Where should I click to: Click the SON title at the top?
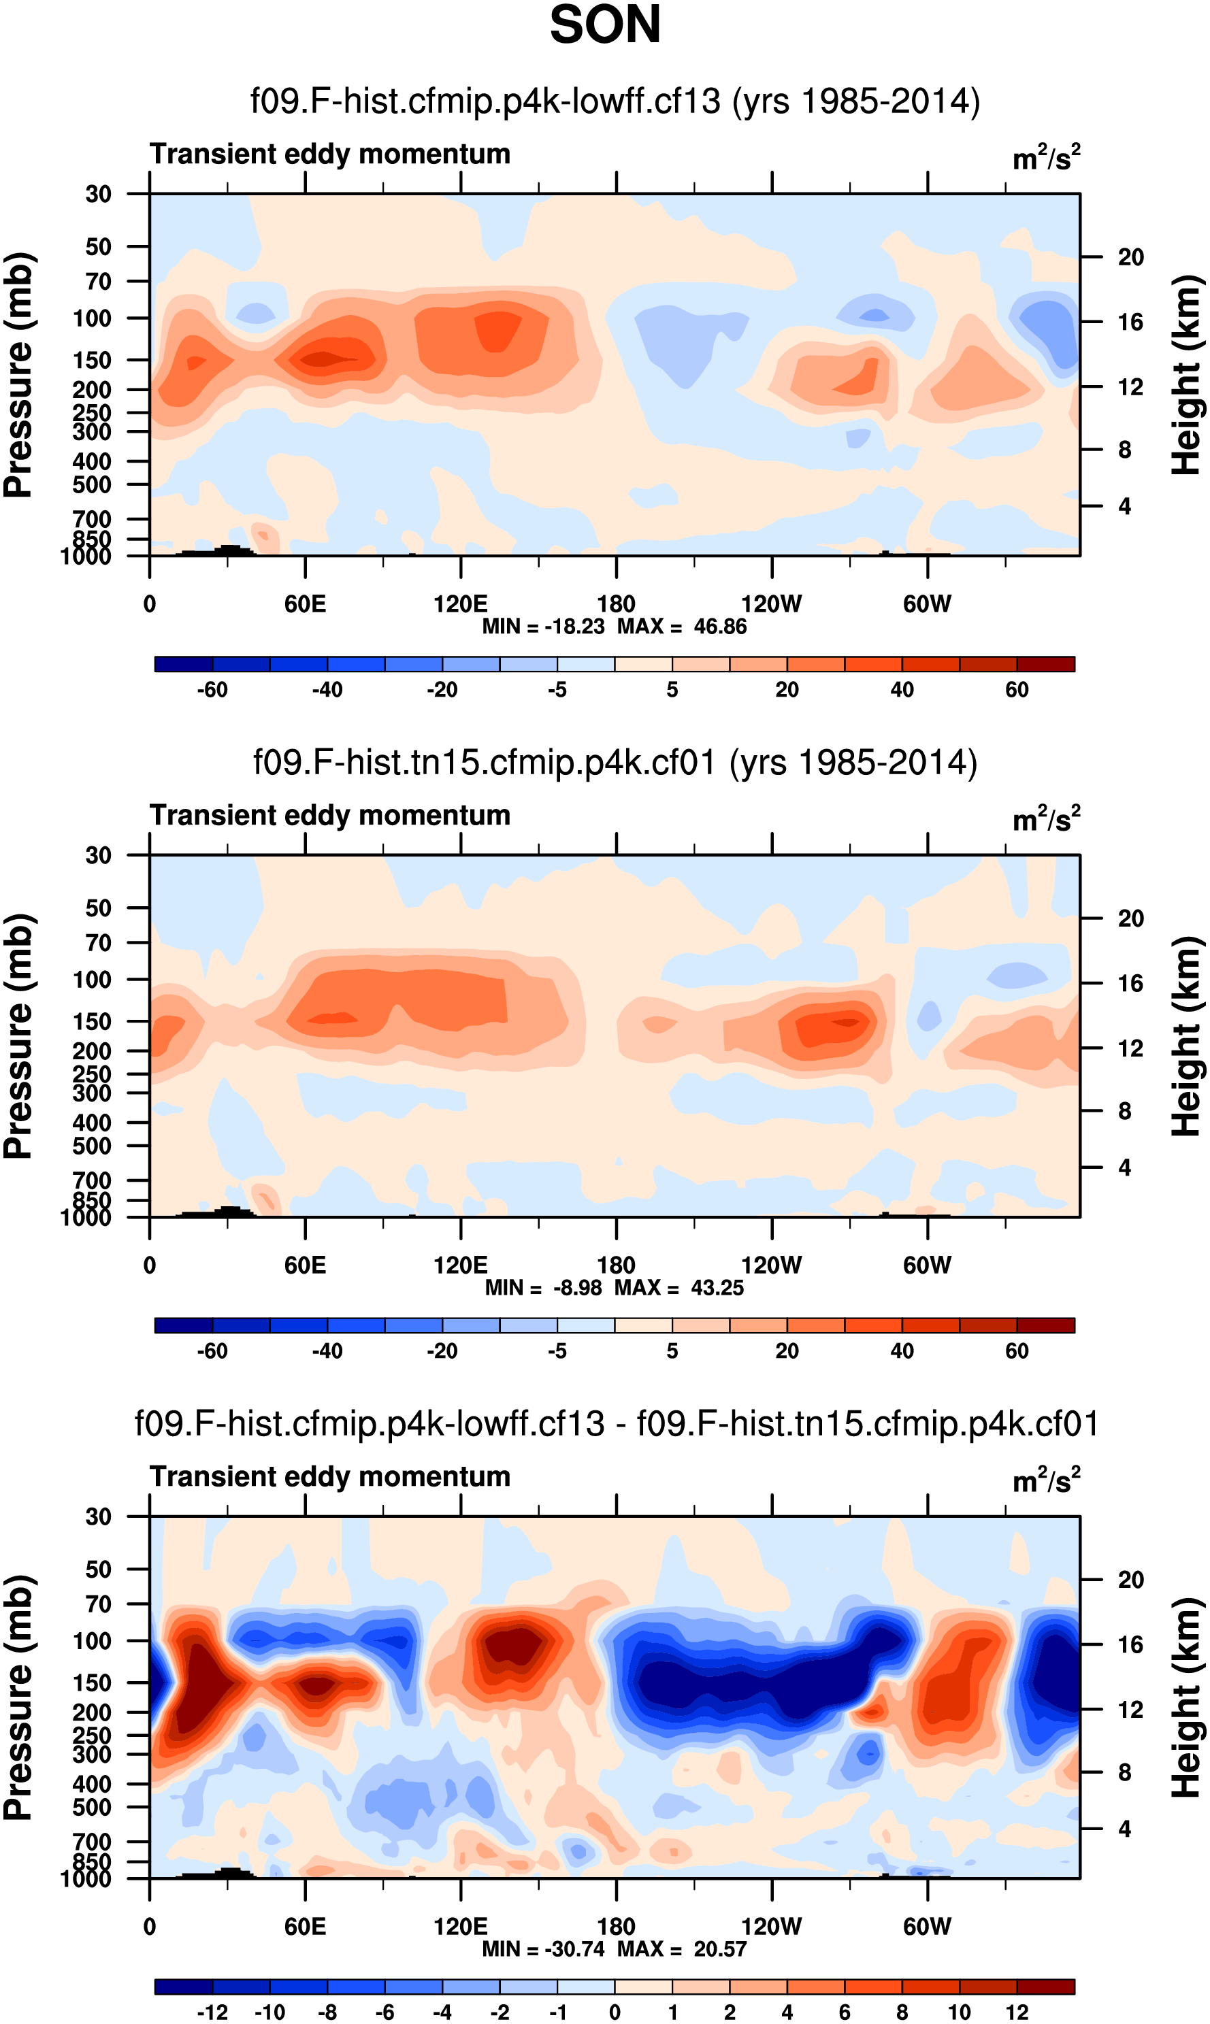[604, 24]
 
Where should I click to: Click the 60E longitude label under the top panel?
[305, 604]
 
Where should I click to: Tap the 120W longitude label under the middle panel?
[770, 1265]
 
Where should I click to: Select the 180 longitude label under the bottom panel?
[616, 1926]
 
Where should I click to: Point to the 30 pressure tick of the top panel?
[98, 194]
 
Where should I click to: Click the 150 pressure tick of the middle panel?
[92, 1021]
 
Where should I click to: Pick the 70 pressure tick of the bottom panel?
[98, 1604]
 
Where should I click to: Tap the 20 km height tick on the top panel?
[1130, 258]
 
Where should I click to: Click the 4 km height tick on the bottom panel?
[1124, 1828]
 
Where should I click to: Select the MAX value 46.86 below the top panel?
[720, 627]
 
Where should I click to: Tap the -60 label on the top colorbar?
[212, 690]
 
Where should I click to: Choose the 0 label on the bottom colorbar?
[615, 2012]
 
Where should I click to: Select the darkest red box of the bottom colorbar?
[1045, 1987]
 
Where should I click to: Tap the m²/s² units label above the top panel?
[1046, 156]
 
